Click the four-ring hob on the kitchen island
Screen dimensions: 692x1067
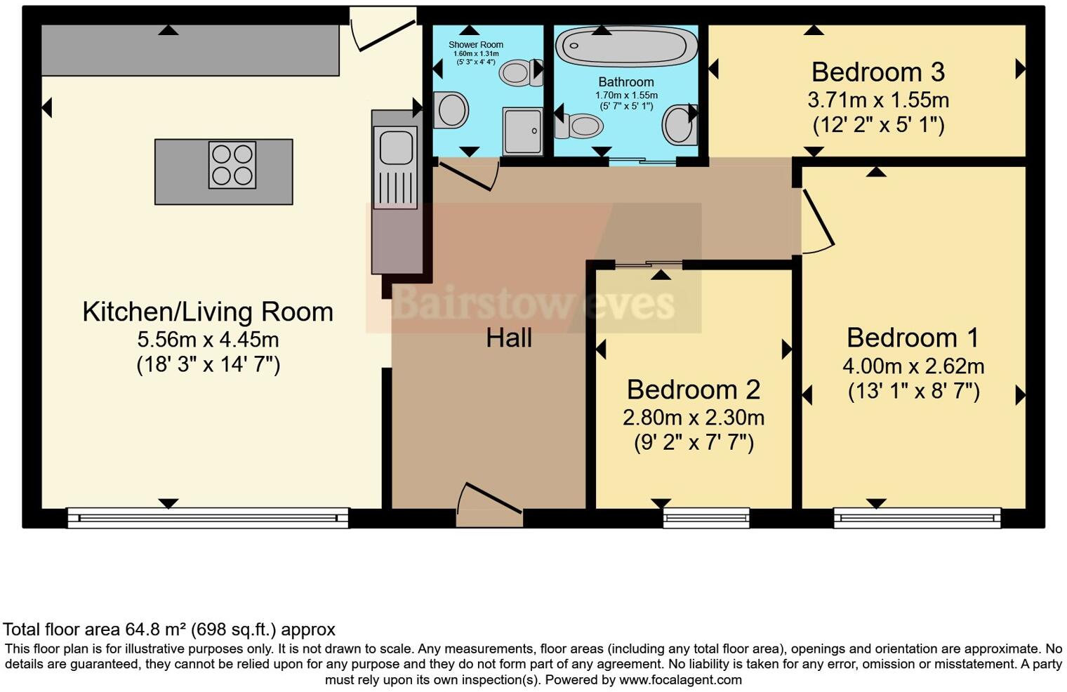pos(232,165)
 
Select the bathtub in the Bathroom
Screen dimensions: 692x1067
pos(626,46)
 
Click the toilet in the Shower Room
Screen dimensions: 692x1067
pos(520,72)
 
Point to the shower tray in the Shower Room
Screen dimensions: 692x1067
pos(522,131)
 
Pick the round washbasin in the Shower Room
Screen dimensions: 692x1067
pos(451,110)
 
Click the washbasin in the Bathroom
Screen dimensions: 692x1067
pos(678,124)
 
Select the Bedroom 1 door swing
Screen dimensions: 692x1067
pos(816,220)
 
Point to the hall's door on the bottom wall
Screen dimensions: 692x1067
pos(489,504)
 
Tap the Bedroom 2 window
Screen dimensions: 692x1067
pos(706,519)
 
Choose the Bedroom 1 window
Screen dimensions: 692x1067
pos(917,519)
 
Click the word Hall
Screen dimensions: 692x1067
pos(509,338)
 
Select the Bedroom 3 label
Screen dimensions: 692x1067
pos(877,72)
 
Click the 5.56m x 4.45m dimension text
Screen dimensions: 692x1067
pos(208,340)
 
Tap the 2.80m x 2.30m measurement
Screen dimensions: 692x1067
pos(694,418)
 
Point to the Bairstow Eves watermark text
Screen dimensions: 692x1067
pos(533,303)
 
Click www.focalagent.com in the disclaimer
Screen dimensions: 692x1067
pos(680,679)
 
